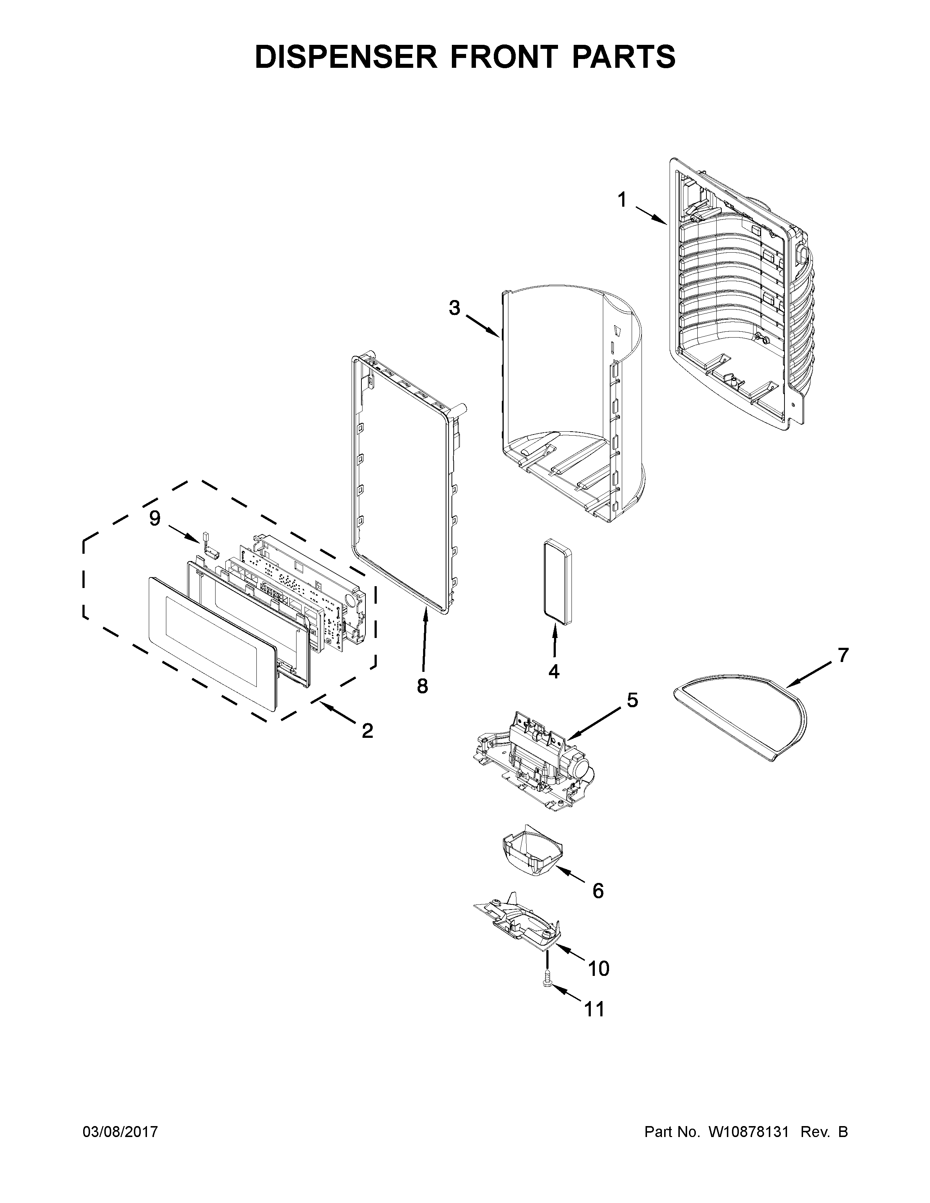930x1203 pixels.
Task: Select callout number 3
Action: pos(454,308)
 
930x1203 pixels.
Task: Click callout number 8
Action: pos(422,686)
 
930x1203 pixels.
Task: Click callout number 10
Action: pos(599,968)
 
